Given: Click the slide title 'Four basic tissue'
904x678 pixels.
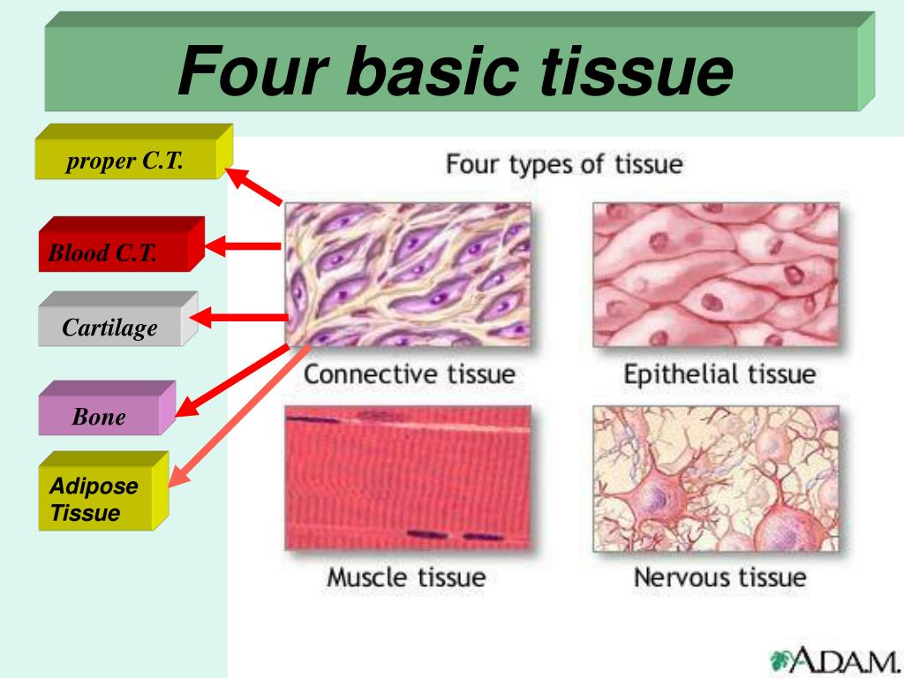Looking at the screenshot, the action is [x=456, y=72].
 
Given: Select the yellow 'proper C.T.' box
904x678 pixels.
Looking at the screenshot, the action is [x=134, y=152].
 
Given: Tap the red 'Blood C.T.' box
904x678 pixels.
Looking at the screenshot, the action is [x=121, y=244].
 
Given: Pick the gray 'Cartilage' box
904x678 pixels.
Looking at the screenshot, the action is [x=117, y=319].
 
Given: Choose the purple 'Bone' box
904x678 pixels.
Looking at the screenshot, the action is [x=107, y=408].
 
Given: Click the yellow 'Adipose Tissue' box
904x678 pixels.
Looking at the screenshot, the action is [x=104, y=491].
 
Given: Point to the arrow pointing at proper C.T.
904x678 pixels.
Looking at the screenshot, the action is [x=253, y=186].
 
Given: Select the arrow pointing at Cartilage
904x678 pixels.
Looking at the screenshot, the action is [x=238, y=318].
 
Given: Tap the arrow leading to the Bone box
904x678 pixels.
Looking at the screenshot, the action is [x=232, y=380].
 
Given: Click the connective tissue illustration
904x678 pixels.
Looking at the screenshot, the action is [x=408, y=275].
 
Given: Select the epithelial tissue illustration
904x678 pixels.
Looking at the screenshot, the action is [x=716, y=275].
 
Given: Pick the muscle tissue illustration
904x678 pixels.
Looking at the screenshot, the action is [x=408, y=478].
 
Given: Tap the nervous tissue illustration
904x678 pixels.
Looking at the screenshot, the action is [x=716, y=478].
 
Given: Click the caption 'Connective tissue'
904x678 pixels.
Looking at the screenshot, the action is [x=410, y=374].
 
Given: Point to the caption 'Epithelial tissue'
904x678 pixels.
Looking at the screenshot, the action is [x=719, y=374].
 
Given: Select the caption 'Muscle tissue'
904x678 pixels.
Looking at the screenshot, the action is [x=406, y=577].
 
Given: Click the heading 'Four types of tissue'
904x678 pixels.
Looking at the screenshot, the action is [x=564, y=164].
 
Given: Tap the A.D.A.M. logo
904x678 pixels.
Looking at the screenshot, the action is [x=835, y=660].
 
